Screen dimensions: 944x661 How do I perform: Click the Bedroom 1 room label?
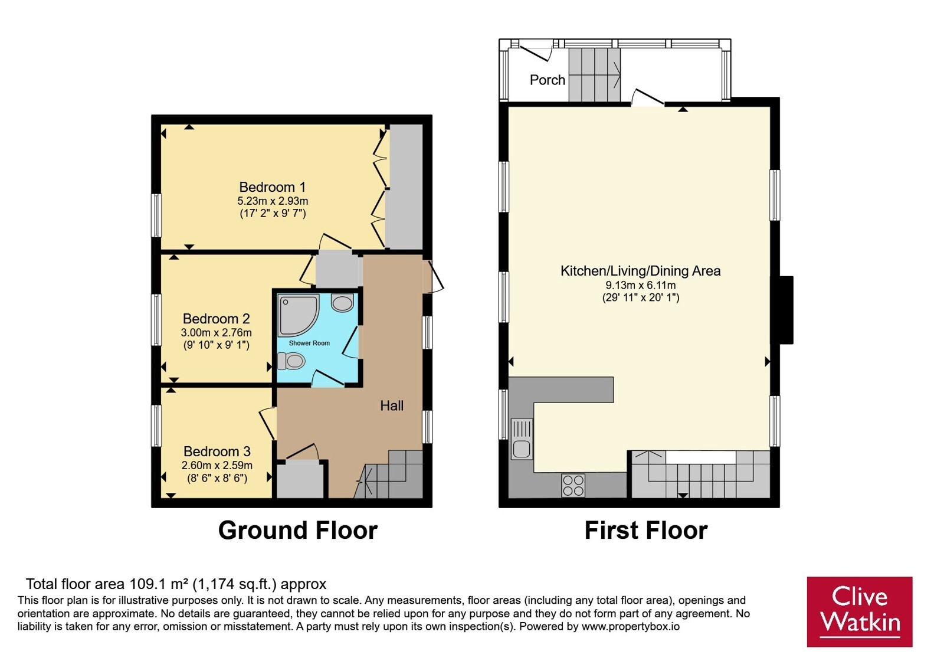point(272,186)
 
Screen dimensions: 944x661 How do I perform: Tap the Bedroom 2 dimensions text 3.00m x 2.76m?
point(216,332)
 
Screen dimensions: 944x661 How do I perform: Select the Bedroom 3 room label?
point(217,451)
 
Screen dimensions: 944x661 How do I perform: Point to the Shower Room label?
point(309,343)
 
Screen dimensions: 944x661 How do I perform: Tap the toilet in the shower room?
point(291,361)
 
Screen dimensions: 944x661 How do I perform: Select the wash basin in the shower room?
point(342,303)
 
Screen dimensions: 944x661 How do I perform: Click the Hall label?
point(392,405)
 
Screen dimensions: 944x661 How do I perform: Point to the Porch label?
point(548,80)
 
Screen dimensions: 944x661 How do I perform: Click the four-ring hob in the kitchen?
point(573,486)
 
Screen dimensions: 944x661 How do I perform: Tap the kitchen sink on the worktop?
point(522,439)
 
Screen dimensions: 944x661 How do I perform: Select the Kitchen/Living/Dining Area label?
point(641,271)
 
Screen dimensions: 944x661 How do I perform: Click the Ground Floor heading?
point(298,531)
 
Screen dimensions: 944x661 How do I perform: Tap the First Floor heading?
point(646,531)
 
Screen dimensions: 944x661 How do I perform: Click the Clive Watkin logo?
point(860,611)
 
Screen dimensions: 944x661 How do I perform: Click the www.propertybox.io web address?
point(631,626)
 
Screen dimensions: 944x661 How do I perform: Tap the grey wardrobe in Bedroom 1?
point(406,186)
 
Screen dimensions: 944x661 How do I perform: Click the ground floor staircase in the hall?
point(388,474)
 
